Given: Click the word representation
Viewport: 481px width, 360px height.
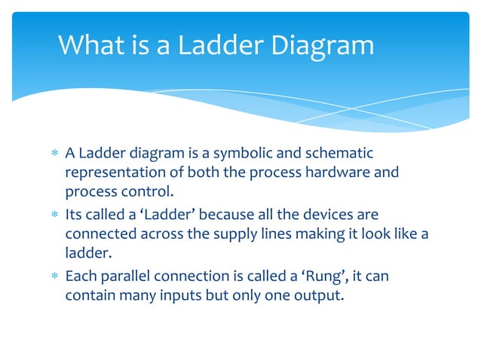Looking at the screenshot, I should [112, 172].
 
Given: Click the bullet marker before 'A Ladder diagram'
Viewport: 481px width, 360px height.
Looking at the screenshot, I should [53, 154].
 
